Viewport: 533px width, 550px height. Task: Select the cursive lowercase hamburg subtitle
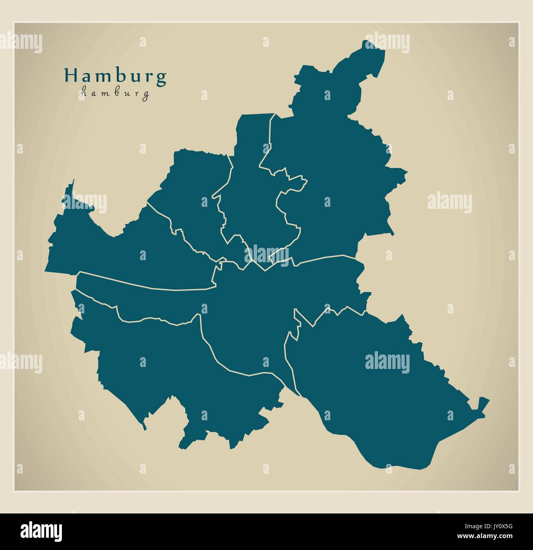point(115,93)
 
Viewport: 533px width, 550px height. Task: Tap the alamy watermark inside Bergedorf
point(387,362)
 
